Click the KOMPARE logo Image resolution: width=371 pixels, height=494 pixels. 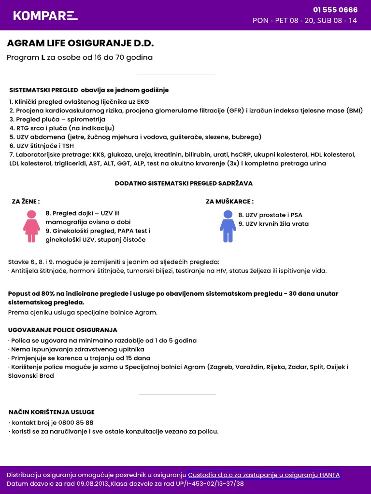point(45,15)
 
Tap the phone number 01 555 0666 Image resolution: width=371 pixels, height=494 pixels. point(335,10)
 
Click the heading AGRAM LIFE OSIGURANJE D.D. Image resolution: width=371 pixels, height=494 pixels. point(80,43)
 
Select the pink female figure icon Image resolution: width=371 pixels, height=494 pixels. point(31,226)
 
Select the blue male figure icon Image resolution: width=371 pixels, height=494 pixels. point(228,226)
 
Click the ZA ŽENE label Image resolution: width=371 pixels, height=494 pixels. point(26,201)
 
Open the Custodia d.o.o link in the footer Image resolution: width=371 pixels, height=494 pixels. point(264,475)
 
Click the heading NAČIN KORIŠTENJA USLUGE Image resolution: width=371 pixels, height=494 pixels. point(52,412)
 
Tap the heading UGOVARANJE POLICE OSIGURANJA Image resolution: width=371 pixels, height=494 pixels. point(63,330)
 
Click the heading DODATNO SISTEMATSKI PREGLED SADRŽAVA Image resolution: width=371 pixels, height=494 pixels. point(184,183)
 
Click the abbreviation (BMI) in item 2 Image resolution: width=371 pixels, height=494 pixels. point(355,110)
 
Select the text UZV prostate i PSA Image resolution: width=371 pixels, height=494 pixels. point(270,215)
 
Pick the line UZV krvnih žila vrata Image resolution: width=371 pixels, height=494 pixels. point(273,224)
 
